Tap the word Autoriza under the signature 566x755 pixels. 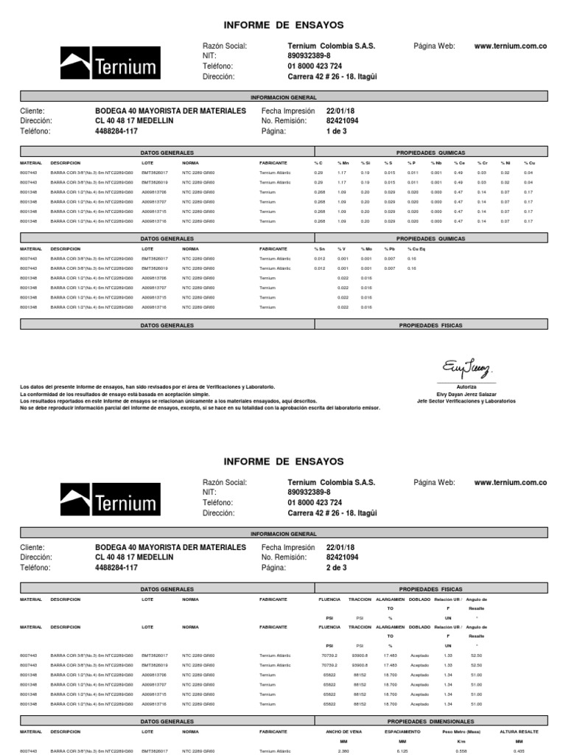[x=467, y=386]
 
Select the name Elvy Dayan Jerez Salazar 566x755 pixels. [x=467, y=394]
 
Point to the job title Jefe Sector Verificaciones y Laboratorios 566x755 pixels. [x=467, y=401]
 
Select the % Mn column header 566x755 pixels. [x=343, y=162]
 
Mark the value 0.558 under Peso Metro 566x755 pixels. [x=462, y=751]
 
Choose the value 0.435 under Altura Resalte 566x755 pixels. [x=519, y=751]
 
